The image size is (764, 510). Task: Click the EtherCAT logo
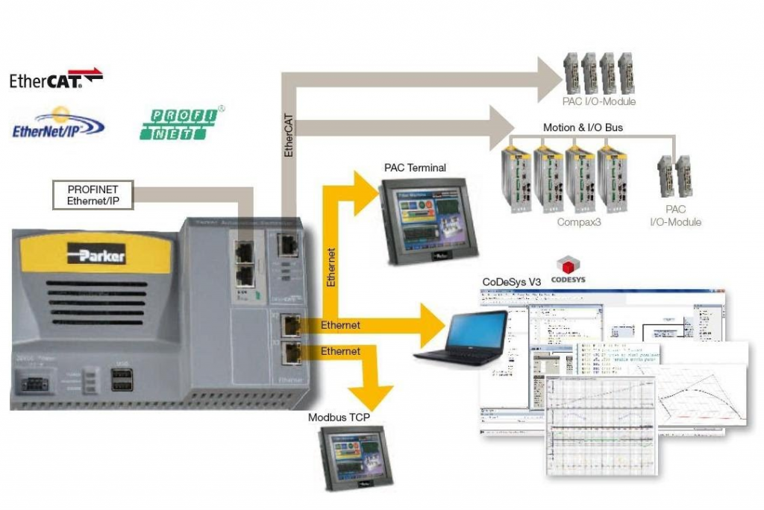[x=56, y=79]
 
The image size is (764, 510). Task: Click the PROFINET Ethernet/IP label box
[x=93, y=195]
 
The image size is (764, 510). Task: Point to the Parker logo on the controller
[x=96, y=254]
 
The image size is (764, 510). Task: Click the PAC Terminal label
[x=415, y=168]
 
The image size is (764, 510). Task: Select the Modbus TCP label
[x=339, y=418]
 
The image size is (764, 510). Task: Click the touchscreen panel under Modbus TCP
[x=348, y=456]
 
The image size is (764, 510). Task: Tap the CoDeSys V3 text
[x=512, y=282]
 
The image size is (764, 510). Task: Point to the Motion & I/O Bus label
[x=582, y=127]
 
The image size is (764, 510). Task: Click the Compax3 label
[x=578, y=221]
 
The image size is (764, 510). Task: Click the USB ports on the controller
[x=123, y=380]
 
